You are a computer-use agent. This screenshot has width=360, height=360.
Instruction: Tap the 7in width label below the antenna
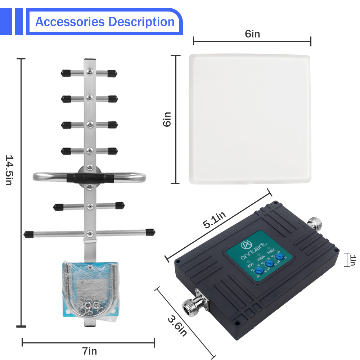pyautogui.click(x=89, y=351)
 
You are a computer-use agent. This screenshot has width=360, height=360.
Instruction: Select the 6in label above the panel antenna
pyautogui.click(x=252, y=34)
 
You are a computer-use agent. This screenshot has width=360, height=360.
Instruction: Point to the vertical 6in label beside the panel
pyautogui.click(x=167, y=119)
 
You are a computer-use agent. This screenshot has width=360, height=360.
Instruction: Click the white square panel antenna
pyautogui.click(x=250, y=119)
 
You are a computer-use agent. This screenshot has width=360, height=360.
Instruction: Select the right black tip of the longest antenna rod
pyautogui.click(x=150, y=231)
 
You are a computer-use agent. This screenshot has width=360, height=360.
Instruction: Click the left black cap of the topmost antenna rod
pyautogui.click(x=65, y=73)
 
